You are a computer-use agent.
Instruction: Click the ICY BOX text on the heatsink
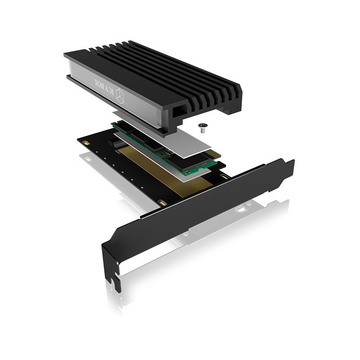(x=98, y=82)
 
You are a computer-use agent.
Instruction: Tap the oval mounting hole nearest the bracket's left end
(x=163, y=203)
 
